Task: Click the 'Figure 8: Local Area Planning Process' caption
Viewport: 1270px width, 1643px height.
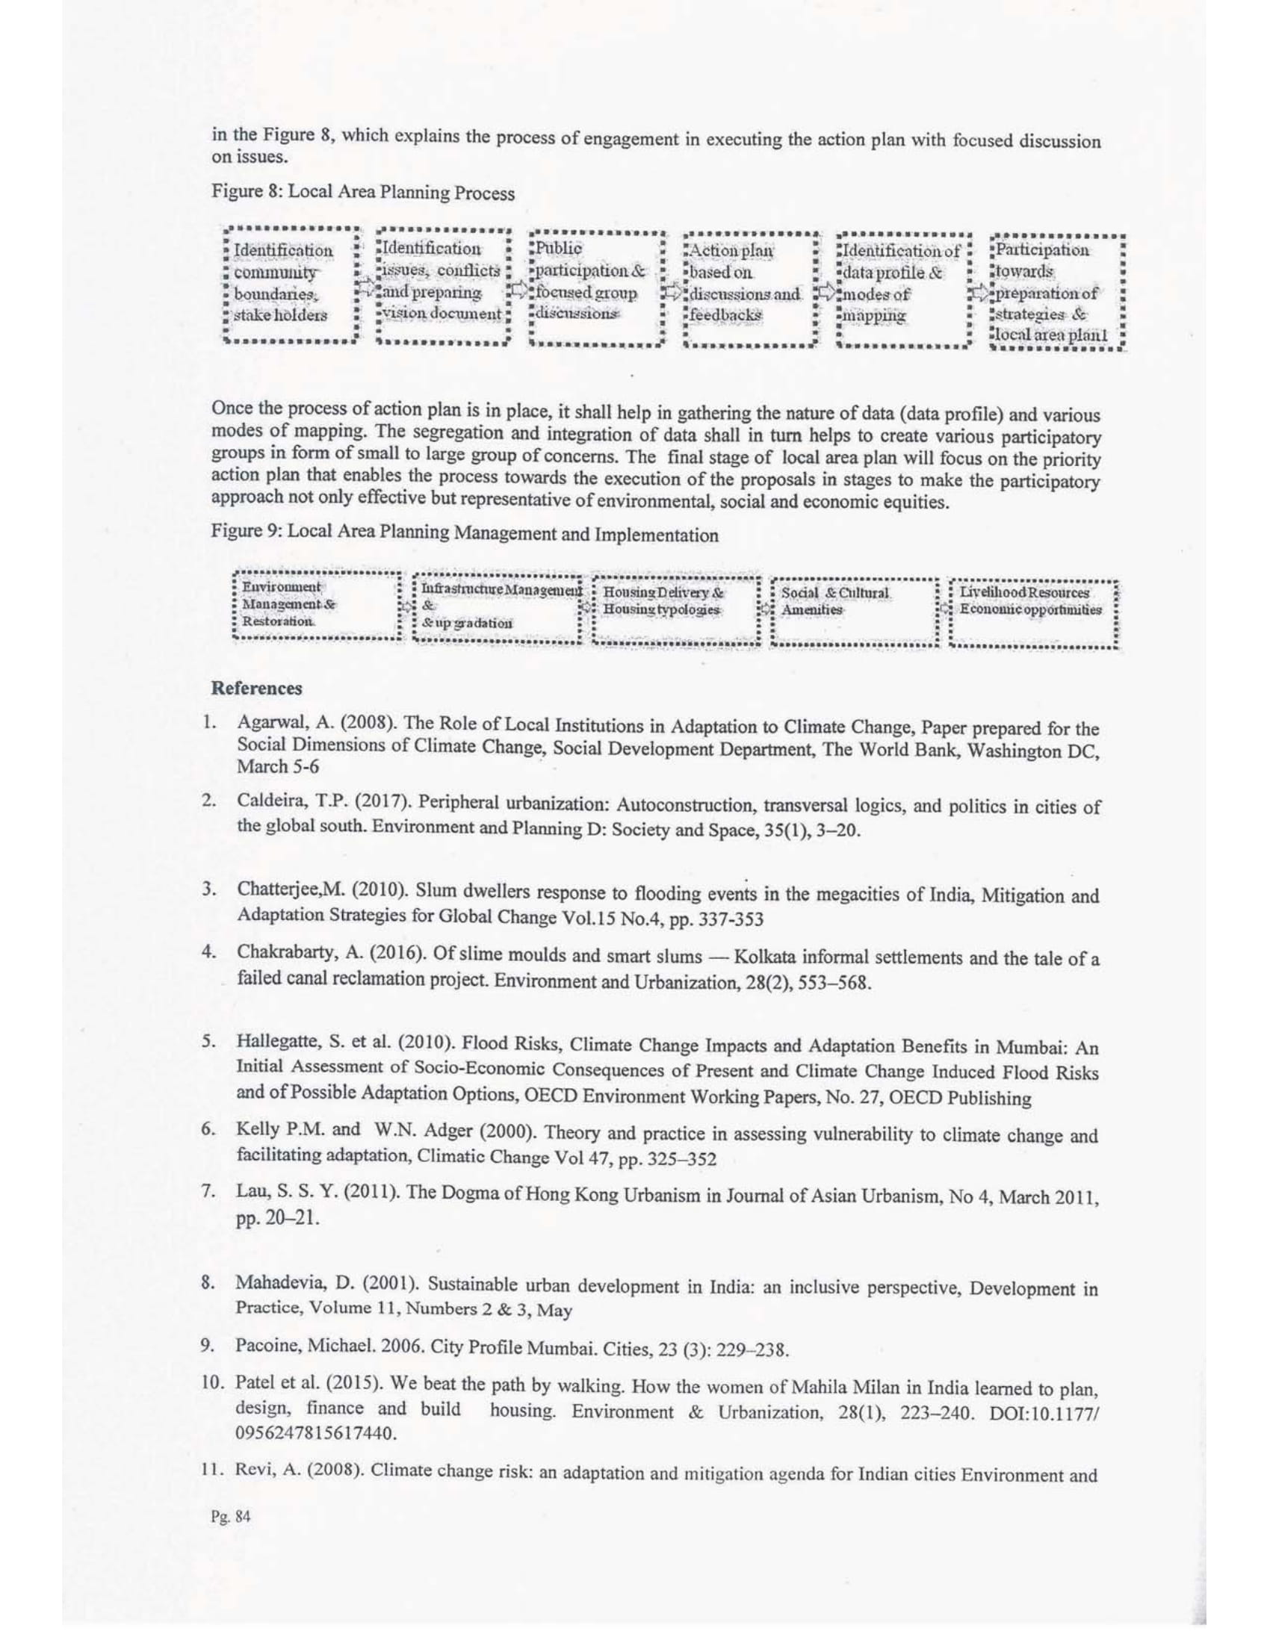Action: point(362,192)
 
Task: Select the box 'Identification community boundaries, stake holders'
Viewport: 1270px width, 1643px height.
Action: point(290,284)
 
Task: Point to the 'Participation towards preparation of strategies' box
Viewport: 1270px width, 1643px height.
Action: point(1055,292)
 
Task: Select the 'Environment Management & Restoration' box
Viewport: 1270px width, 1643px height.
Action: point(316,605)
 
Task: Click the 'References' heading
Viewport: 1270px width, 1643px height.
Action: point(256,689)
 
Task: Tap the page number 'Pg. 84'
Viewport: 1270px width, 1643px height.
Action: point(231,1517)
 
